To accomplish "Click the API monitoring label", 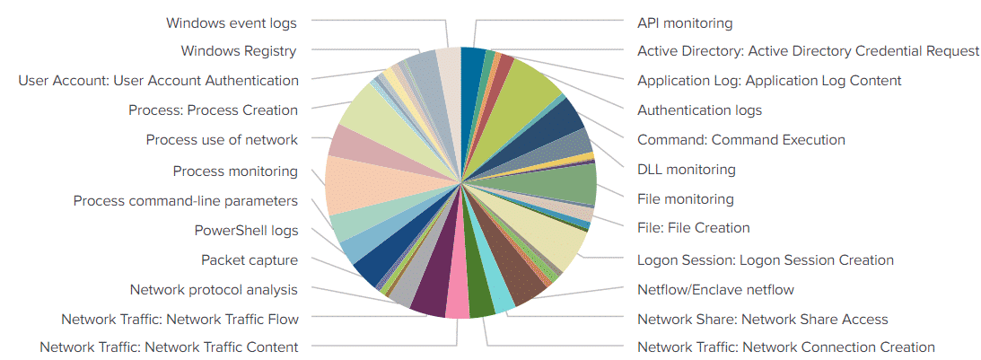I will coord(685,22).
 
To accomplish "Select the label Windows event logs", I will coord(232,22).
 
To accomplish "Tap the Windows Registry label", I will coord(239,51).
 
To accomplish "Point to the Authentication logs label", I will coord(699,110).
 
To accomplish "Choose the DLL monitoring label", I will coord(686,170).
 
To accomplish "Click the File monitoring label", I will coord(685,198).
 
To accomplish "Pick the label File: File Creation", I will coord(693,228).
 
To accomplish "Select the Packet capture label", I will coord(250,260).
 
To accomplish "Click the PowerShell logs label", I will coord(246,231).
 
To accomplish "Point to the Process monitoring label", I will coord(235,171).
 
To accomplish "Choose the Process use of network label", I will coord(222,140).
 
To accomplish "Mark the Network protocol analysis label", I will coord(214,290).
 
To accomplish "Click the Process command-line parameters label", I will coord(186,201).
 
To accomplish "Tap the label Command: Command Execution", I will coord(740,140).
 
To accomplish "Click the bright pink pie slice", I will coord(457,303).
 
